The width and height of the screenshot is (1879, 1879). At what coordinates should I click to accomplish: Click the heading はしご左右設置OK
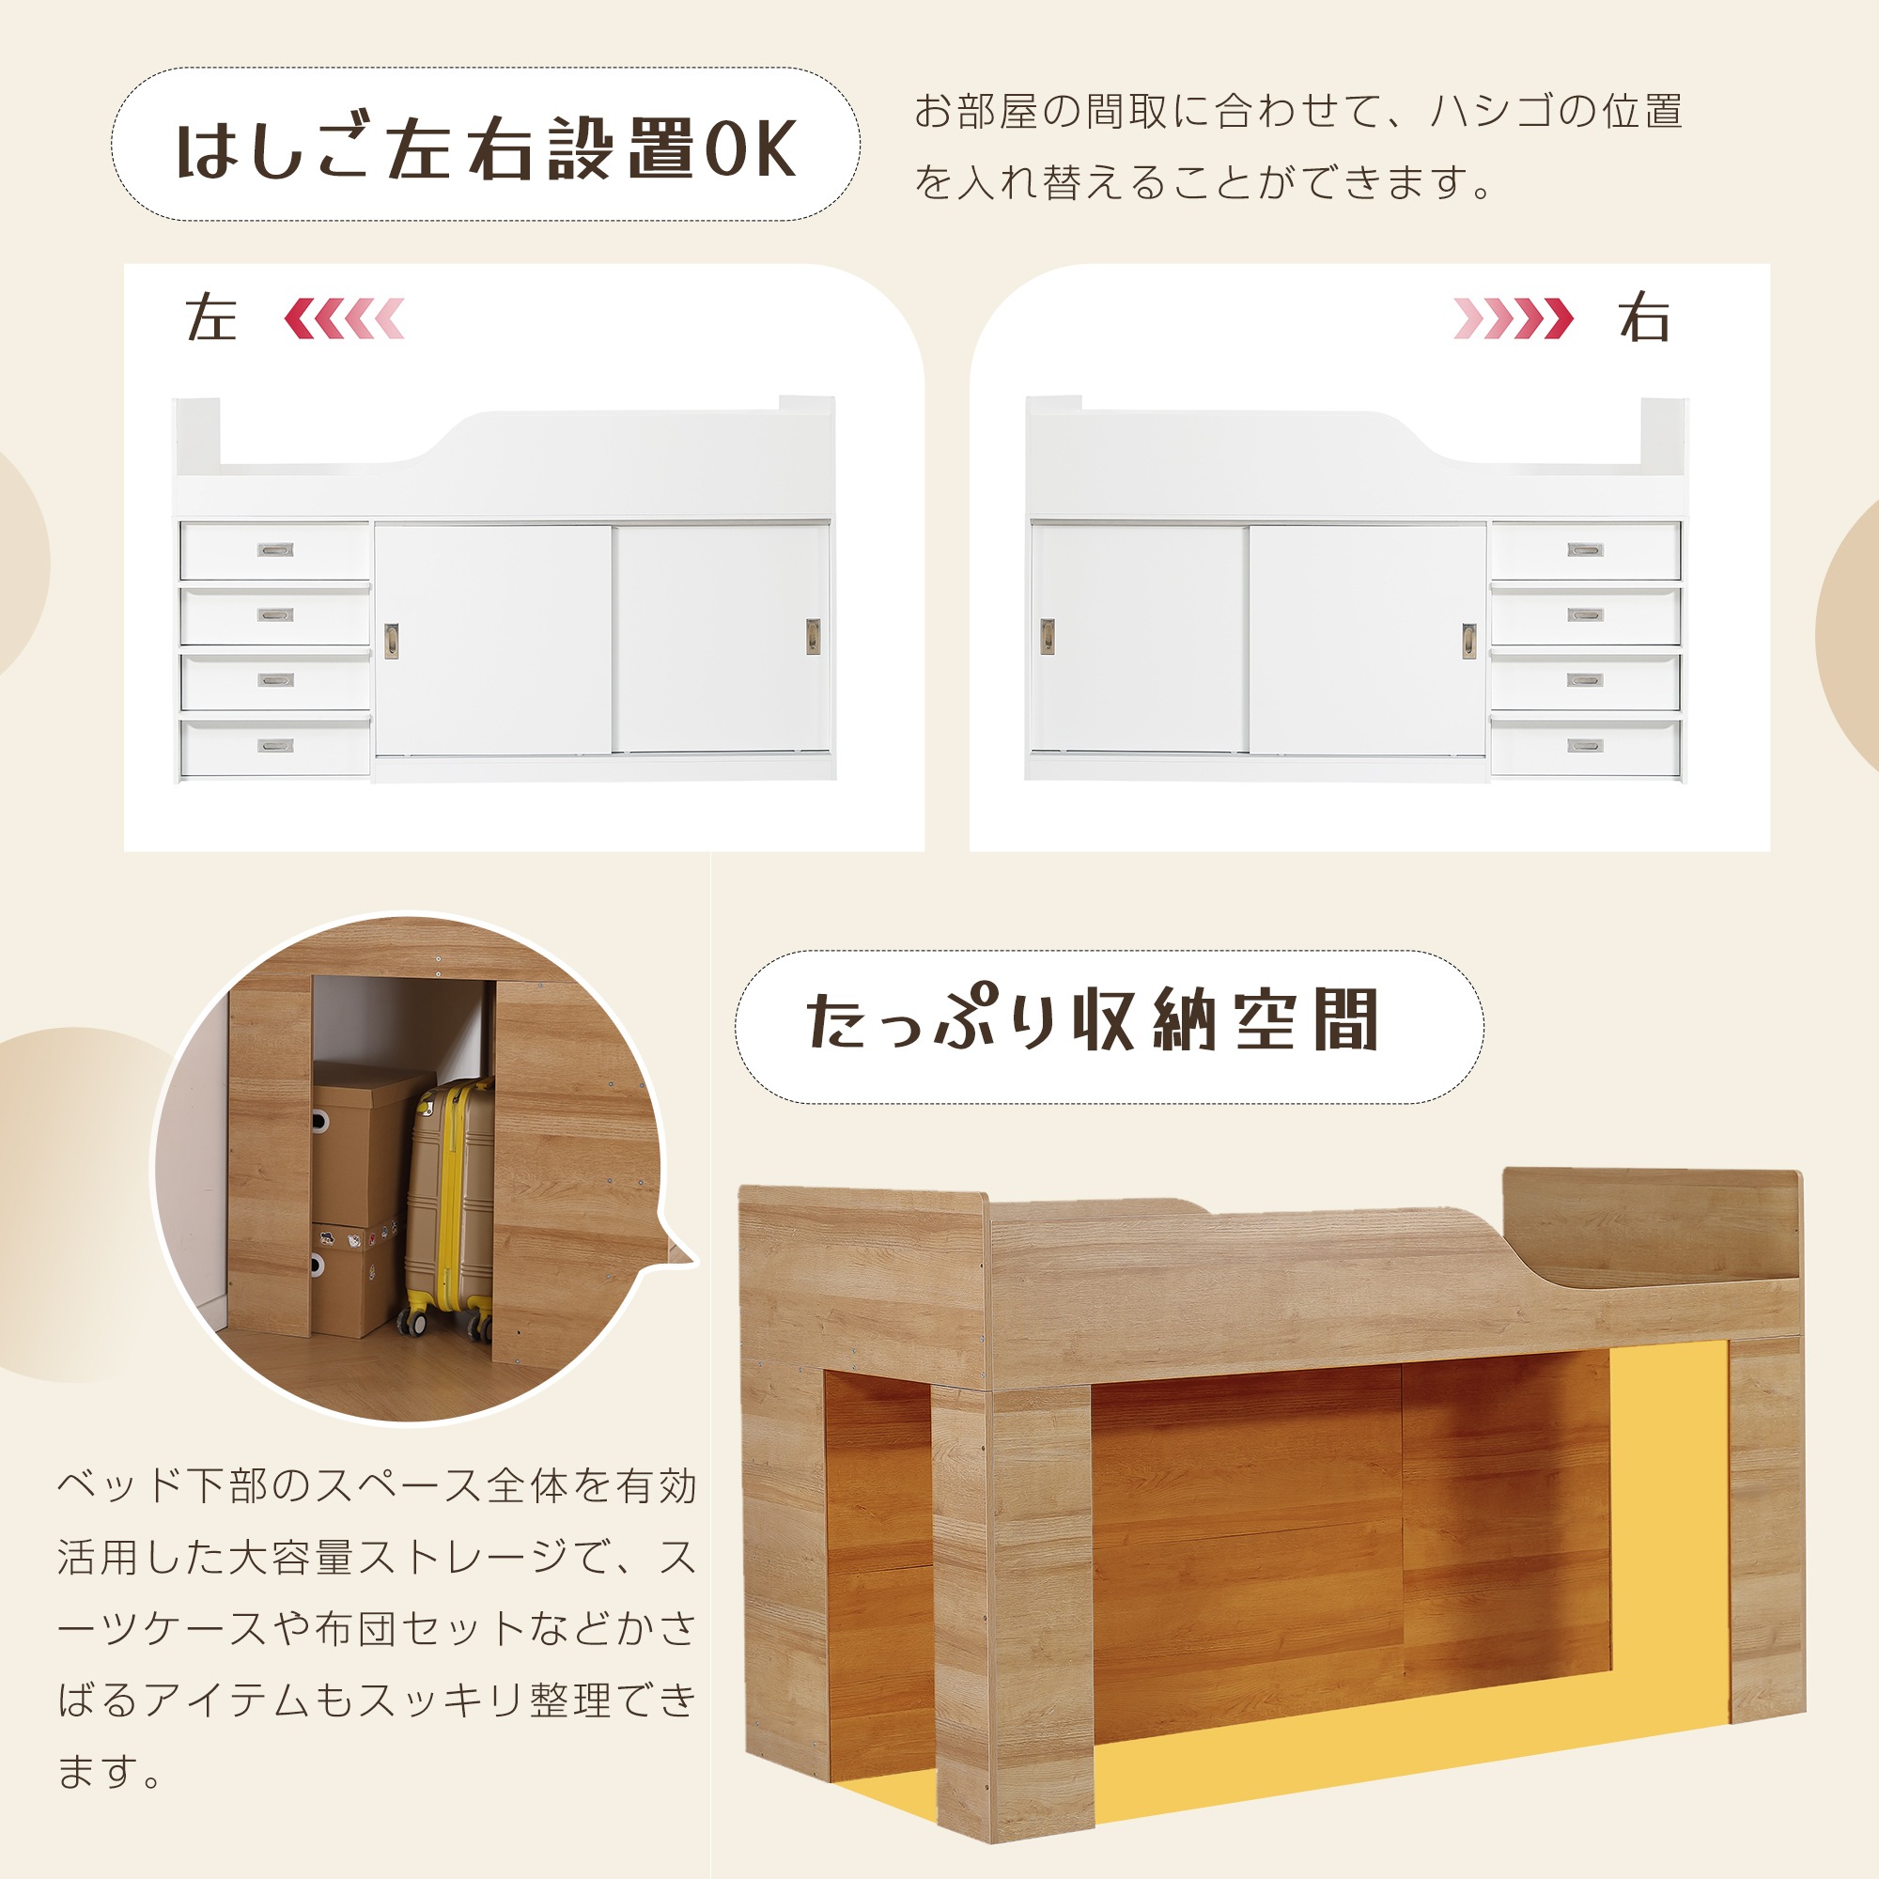(486, 148)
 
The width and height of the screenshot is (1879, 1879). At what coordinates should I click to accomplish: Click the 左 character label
(211, 319)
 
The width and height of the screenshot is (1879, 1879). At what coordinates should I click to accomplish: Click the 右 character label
(1643, 319)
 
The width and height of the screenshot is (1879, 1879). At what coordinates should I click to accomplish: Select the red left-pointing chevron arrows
(344, 319)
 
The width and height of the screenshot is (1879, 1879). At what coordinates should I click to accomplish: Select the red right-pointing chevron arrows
(1513, 319)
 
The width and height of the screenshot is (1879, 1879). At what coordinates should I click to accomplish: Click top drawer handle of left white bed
(275, 551)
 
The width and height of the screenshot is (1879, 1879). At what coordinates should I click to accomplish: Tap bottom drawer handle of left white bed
(275, 746)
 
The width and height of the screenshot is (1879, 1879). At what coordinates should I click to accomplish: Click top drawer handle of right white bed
(1585, 551)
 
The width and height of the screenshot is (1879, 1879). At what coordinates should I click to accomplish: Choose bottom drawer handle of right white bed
(1585, 746)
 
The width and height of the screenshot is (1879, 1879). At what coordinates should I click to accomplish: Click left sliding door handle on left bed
(391, 641)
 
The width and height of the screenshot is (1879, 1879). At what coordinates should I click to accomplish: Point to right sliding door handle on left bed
(812, 636)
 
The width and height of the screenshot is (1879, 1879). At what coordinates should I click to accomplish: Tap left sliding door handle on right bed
(1048, 637)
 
